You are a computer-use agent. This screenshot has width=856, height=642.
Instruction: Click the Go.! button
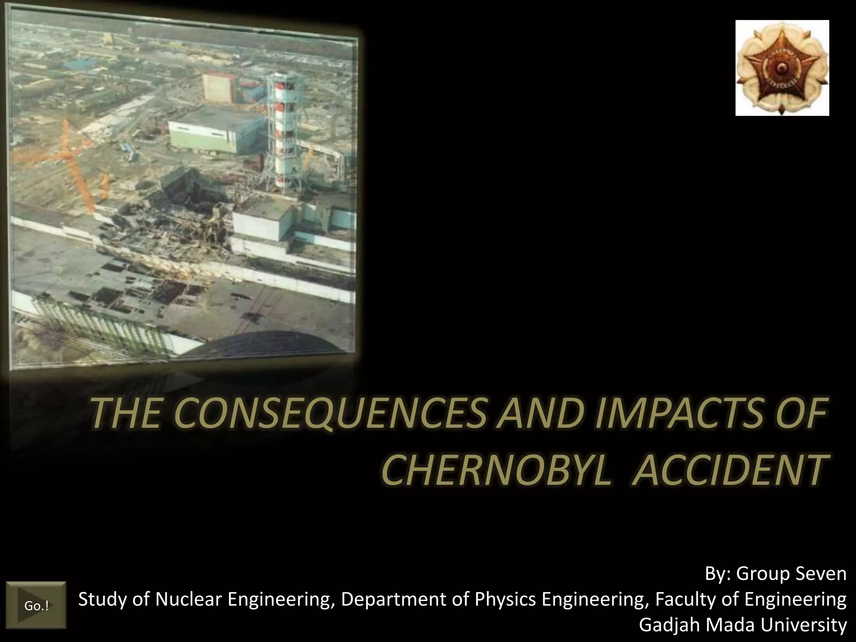(36, 605)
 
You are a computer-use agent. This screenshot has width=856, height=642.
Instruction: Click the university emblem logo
(782, 68)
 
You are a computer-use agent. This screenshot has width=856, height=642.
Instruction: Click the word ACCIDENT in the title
(729, 471)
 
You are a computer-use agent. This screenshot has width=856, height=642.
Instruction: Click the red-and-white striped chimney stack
(285, 130)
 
